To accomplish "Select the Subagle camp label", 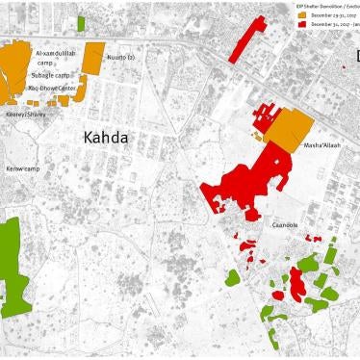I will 50,74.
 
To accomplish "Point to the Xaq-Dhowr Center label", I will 53,88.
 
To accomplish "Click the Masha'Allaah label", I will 321,146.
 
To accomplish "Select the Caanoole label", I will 285,224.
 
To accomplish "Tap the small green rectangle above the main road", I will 81,22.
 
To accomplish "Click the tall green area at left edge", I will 12,265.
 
